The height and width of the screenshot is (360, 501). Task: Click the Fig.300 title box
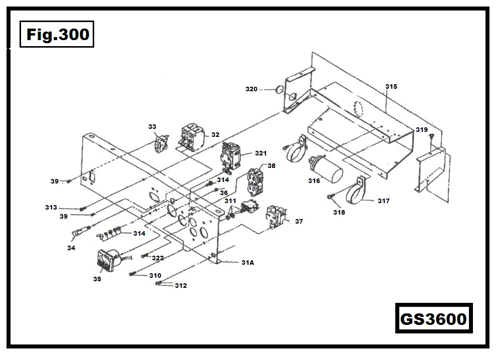[57, 35]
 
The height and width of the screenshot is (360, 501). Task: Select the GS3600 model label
[433, 319]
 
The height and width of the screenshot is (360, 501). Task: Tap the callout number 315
[391, 87]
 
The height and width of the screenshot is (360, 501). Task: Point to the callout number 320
[251, 89]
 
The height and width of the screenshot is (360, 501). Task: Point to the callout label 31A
[247, 262]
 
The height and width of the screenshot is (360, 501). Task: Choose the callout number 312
[180, 286]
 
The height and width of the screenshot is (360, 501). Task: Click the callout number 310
[155, 276]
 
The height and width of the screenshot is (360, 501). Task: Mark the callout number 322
[158, 258]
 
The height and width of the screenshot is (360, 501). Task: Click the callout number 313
[65, 208]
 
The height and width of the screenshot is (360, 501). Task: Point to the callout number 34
[71, 248]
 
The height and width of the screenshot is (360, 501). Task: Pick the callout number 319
[421, 130]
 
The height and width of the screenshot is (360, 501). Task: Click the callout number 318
[339, 212]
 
